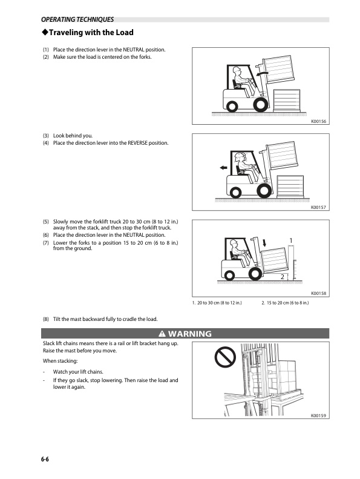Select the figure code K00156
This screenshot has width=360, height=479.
[x=318, y=121]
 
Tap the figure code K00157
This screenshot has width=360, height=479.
[x=318, y=207]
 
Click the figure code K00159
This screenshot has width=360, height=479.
[x=318, y=416]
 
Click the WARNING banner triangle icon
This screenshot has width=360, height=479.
[x=162, y=334]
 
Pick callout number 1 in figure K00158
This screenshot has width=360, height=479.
[x=291, y=241]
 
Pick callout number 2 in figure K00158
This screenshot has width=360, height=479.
[x=283, y=276]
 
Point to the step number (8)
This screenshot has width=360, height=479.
[x=46, y=319]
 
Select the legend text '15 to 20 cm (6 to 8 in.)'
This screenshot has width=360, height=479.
[x=288, y=302]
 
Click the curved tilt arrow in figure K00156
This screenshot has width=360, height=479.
[x=261, y=73]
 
